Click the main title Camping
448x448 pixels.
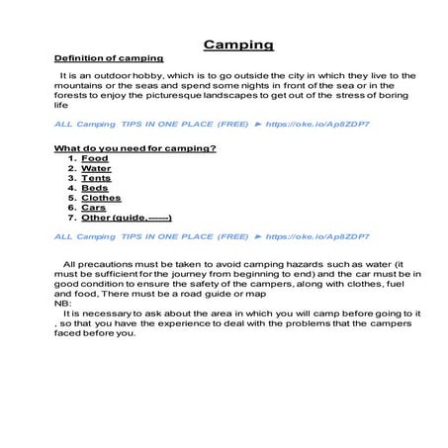pos(238,45)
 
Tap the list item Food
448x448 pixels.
pos(95,158)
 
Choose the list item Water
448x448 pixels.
pos(97,168)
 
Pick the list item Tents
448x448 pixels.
pos(97,178)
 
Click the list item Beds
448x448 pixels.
pos(95,188)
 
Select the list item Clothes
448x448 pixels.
pos(101,198)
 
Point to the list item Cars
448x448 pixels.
pos(94,208)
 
